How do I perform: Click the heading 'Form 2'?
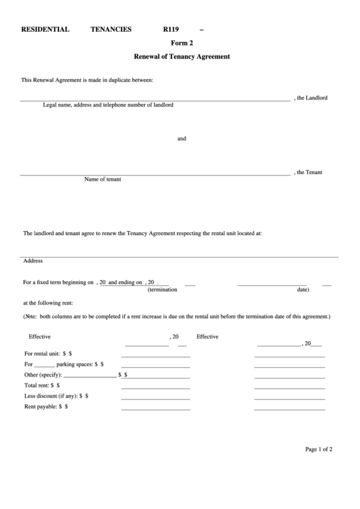181,42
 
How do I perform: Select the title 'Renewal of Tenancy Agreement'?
181,56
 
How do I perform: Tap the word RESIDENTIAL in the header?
46,29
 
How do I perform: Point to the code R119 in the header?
173,29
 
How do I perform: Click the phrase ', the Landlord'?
310,98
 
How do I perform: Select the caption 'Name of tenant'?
103,179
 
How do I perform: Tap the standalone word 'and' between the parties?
181,139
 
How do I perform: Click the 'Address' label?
33,260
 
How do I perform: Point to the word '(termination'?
162,289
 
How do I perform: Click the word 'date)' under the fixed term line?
303,289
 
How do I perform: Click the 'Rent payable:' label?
40,406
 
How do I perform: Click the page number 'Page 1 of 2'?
319,449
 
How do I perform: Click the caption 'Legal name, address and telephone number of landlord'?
108,105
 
